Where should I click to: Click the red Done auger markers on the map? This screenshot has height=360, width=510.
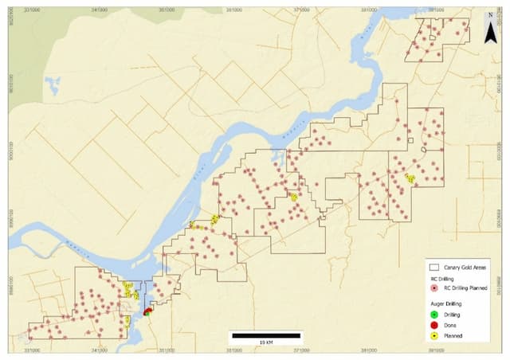148,311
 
